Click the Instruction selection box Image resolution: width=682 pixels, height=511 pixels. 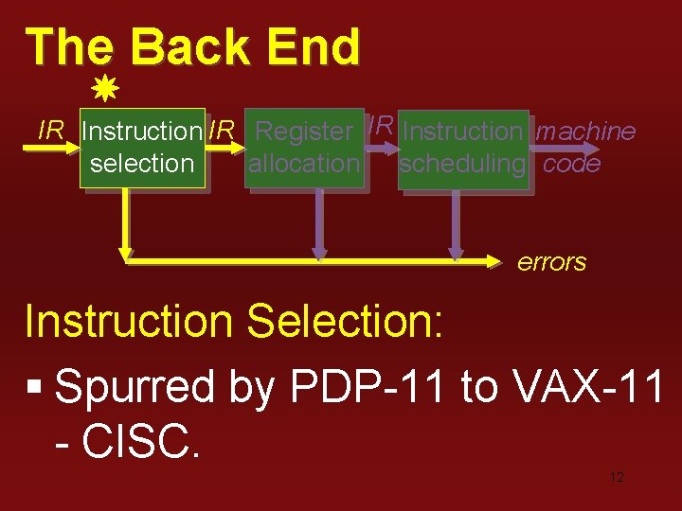142,148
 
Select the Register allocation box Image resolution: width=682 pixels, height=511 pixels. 304,148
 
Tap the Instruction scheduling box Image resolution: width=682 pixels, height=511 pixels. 462,148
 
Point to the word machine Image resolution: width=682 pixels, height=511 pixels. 585,132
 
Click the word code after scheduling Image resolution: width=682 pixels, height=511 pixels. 572,164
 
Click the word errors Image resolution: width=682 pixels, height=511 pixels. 551,262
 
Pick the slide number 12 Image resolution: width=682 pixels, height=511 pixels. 617,477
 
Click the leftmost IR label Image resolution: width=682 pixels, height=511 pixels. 51,131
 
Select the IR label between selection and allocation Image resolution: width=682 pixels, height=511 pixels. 222,131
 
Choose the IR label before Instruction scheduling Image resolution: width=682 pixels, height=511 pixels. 381,125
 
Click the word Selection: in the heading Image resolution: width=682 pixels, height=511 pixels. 345,322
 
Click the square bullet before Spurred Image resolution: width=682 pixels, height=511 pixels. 35,388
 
